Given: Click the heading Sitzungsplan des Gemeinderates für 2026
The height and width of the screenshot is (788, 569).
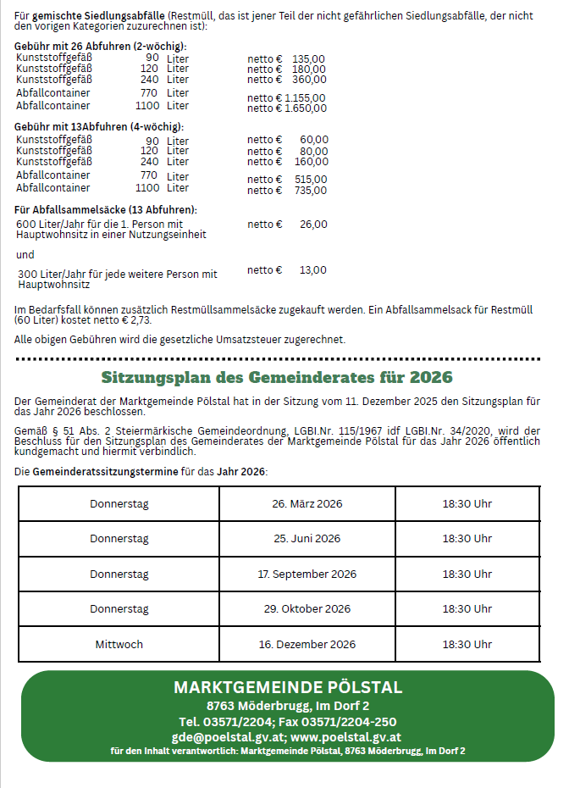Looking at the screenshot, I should pyautogui.click(x=277, y=377).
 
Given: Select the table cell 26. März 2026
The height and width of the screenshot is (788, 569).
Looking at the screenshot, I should pyautogui.click(x=307, y=504).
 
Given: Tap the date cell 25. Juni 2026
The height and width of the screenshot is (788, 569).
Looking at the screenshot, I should pyautogui.click(x=307, y=539).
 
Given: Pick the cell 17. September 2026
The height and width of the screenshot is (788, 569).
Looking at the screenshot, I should pyautogui.click(x=307, y=574).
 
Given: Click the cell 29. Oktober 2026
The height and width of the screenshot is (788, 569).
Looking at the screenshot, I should pyautogui.click(x=307, y=609).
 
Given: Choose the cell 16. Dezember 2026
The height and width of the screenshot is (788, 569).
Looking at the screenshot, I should pyautogui.click(x=307, y=645).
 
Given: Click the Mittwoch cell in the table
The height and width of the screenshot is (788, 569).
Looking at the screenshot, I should pyautogui.click(x=119, y=645).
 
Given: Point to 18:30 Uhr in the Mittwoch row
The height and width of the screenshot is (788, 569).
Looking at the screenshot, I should pyautogui.click(x=467, y=645).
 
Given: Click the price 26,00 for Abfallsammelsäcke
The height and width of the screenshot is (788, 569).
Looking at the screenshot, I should pyautogui.click(x=313, y=225).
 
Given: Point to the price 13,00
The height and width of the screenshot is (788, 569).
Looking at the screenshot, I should pyautogui.click(x=313, y=270).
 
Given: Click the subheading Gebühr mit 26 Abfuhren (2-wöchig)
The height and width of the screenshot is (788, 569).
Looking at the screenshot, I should pyautogui.click(x=101, y=47).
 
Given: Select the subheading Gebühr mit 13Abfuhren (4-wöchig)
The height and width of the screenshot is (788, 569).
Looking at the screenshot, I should pyautogui.click(x=99, y=127).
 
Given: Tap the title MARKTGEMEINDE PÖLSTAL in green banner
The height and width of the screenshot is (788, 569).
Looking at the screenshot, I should pyautogui.click(x=288, y=687).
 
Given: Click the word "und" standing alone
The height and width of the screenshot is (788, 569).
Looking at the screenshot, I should pyautogui.click(x=25, y=254).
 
